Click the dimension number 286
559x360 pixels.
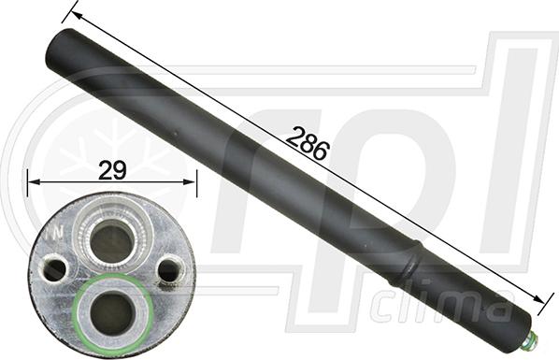[308, 143]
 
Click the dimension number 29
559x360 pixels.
[112, 169]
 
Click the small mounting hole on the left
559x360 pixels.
[54, 269]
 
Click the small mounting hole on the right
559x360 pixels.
[168, 270]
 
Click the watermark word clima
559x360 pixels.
[439, 306]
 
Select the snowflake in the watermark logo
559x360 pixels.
[93, 150]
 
